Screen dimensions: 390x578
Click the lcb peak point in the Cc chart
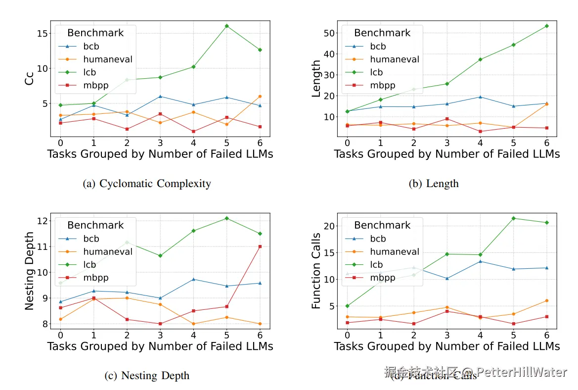[x=226, y=26]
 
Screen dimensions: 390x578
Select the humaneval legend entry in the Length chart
[x=394, y=59]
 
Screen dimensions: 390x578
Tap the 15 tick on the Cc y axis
[x=41, y=34]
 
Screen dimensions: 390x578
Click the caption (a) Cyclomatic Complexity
[x=146, y=184]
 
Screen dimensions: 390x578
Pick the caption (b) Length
[x=433, y=184]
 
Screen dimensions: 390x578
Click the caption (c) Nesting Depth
[x=146, y=376]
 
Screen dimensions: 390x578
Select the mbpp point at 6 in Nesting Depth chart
[x=260, y=246]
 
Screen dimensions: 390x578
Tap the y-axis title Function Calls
[x=316, y=271]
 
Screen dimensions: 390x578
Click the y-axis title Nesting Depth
[x=30, y=271]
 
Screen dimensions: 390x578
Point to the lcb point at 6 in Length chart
[x=546, y=26]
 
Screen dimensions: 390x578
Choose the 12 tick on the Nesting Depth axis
[x=41, y=220]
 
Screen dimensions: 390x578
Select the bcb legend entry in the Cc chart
[x=91, y=47]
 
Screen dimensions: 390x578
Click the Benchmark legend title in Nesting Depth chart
[x=95, y=225]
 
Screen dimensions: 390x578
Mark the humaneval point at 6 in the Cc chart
[x=260, y=97]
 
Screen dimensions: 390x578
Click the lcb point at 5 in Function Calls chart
[x=513, y=218]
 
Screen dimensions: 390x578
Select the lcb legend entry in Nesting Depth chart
[x=89, y=265]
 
